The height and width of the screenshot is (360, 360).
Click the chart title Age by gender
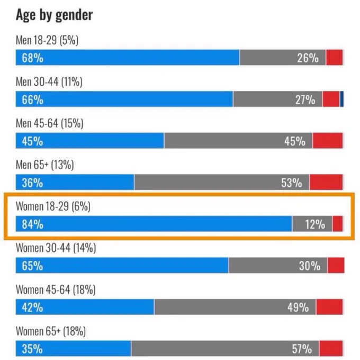coord(54,15)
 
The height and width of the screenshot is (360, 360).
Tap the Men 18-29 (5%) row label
coord(47,41)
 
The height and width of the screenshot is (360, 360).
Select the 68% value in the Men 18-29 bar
coord(32,58)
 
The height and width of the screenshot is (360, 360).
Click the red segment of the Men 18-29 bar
coord(334,58)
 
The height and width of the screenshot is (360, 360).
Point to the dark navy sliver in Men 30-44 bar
coord(342,99)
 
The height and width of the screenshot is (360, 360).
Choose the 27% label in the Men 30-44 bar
coord(305,100)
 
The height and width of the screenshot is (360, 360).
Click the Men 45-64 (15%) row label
coord(50,123)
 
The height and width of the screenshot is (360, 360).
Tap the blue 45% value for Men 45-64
coord(32,141)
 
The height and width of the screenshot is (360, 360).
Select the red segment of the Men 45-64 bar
coord(328,141)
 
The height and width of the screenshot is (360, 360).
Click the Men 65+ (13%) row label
coord(44,165)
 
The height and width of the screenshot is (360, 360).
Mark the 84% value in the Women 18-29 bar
coord(32,224)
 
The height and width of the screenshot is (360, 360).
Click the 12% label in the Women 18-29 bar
coord(314,224)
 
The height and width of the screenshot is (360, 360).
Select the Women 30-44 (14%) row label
coord(56,248)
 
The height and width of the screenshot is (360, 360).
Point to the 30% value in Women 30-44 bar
coord(309,266)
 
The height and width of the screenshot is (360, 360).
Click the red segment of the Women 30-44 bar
coord(336,266)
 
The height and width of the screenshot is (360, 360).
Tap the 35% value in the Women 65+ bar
coord(32,349)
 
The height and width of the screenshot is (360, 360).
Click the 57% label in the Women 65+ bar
coord(301,349)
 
